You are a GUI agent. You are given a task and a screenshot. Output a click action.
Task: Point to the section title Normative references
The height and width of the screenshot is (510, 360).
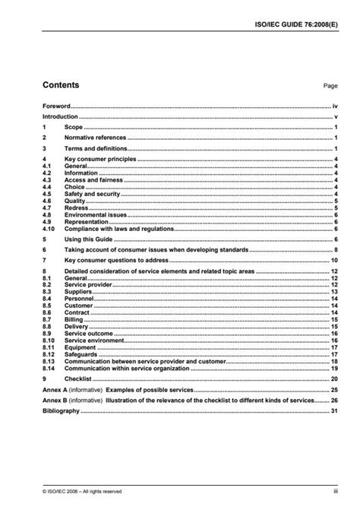(x=94, y=138)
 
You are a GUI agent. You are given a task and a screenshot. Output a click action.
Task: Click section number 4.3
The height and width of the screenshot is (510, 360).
(x=46, y=179)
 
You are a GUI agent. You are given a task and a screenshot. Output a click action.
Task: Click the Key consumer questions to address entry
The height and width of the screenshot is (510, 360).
(x=115, y=260)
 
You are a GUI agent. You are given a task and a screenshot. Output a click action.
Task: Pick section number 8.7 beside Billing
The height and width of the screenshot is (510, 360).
(x=46, y=319)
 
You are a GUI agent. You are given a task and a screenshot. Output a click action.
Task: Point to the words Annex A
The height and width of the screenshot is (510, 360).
(x=53, y=389)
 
